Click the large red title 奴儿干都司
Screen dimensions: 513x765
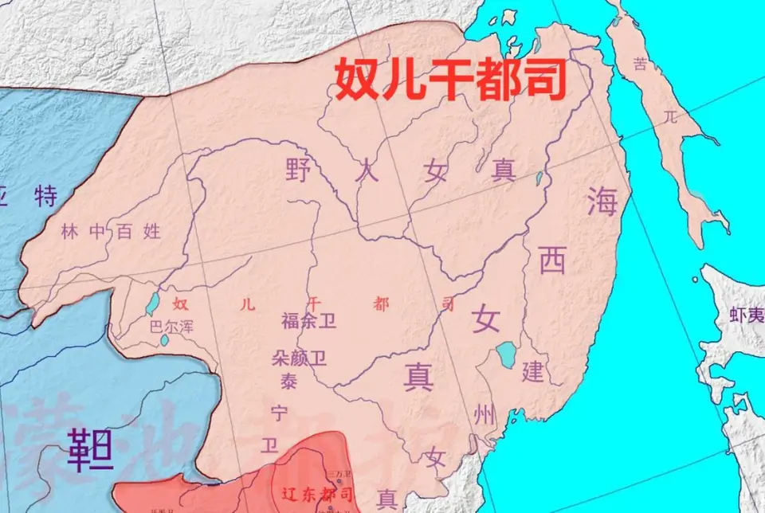450,78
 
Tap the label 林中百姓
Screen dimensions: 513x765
111,232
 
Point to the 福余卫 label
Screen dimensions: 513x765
309,321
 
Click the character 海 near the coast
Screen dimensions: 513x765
602,200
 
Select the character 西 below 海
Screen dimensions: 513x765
552,260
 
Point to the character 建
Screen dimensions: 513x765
532,371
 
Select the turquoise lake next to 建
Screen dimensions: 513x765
506,354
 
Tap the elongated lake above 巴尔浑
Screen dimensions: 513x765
151,303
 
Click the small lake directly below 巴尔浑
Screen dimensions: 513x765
164,340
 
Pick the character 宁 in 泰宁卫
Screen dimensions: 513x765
279,413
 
